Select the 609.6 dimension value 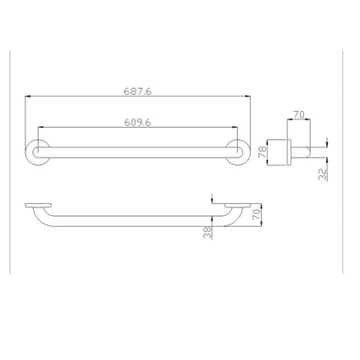click(139, 121)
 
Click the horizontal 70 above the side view click(298, 112)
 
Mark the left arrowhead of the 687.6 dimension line click(28, 96)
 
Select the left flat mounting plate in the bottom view click(38, 205)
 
